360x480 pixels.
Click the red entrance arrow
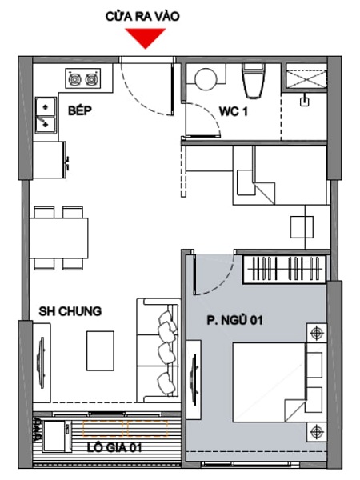tap(146, 38)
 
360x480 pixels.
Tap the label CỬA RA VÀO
tap(142, 16)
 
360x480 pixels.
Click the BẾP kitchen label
tap(79, 110)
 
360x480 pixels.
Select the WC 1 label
tap(234, 112)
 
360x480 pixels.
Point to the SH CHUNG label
tap(70, 311)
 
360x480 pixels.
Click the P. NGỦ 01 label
tap(234, 321)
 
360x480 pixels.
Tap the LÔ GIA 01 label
tap(114, 448)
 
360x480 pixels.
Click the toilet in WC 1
tap(254, 81)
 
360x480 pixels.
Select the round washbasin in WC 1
tap(206, 78)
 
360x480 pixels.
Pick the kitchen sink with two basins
tap(46, 115)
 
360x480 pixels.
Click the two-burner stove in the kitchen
tap(82, 78)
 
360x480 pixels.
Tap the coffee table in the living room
tap(101, 351)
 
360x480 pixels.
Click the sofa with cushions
tap(158, 350)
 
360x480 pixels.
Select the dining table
tap(58, 238)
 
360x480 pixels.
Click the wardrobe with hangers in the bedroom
tap(285, 269)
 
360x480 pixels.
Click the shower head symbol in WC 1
tap(304, 100)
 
